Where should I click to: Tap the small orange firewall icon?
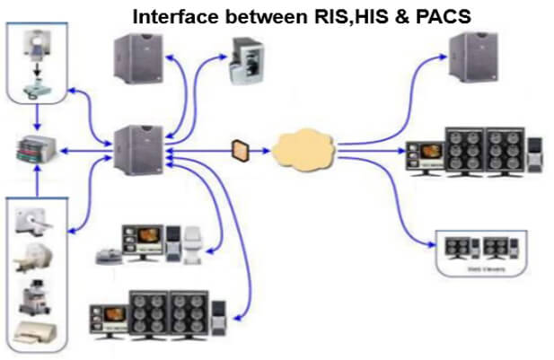pos(240,148)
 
